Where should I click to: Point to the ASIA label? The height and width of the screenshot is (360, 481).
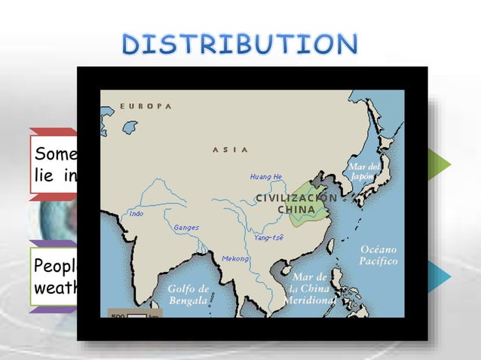[x=230, y=150]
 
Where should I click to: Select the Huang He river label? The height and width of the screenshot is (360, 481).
[x=266, y=177]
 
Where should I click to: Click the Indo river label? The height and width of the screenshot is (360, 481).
[x=136, y=214]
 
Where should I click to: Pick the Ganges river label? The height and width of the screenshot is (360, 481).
[x=186, y=227]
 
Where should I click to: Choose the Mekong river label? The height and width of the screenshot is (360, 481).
[x=235, y=258]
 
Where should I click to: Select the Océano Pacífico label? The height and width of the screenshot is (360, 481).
[x=378, y=255]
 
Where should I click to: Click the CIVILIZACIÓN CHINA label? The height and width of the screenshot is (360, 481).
[x=296, y=203]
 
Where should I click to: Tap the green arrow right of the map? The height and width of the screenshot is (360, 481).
[x=441, y=164]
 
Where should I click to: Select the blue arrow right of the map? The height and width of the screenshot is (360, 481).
[x=441, y=277]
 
